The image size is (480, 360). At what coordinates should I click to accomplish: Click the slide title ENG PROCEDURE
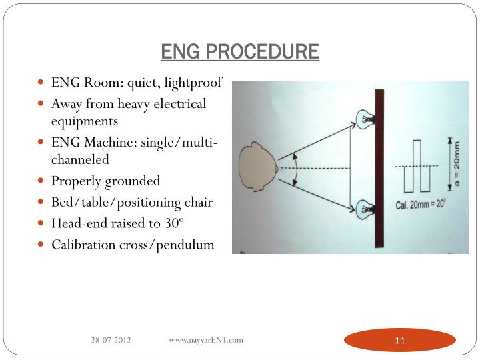click(x=240, y=51)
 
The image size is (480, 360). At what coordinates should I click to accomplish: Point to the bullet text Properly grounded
click(x=106, y=181)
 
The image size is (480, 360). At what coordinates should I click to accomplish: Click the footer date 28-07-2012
click(x=111, y=341)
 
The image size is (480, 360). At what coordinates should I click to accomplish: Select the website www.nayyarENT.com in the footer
click(x=206, y=340)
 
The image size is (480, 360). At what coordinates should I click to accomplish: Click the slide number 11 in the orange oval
click(x=400, y=341)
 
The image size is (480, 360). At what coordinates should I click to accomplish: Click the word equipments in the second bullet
click(x=85, y=121)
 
